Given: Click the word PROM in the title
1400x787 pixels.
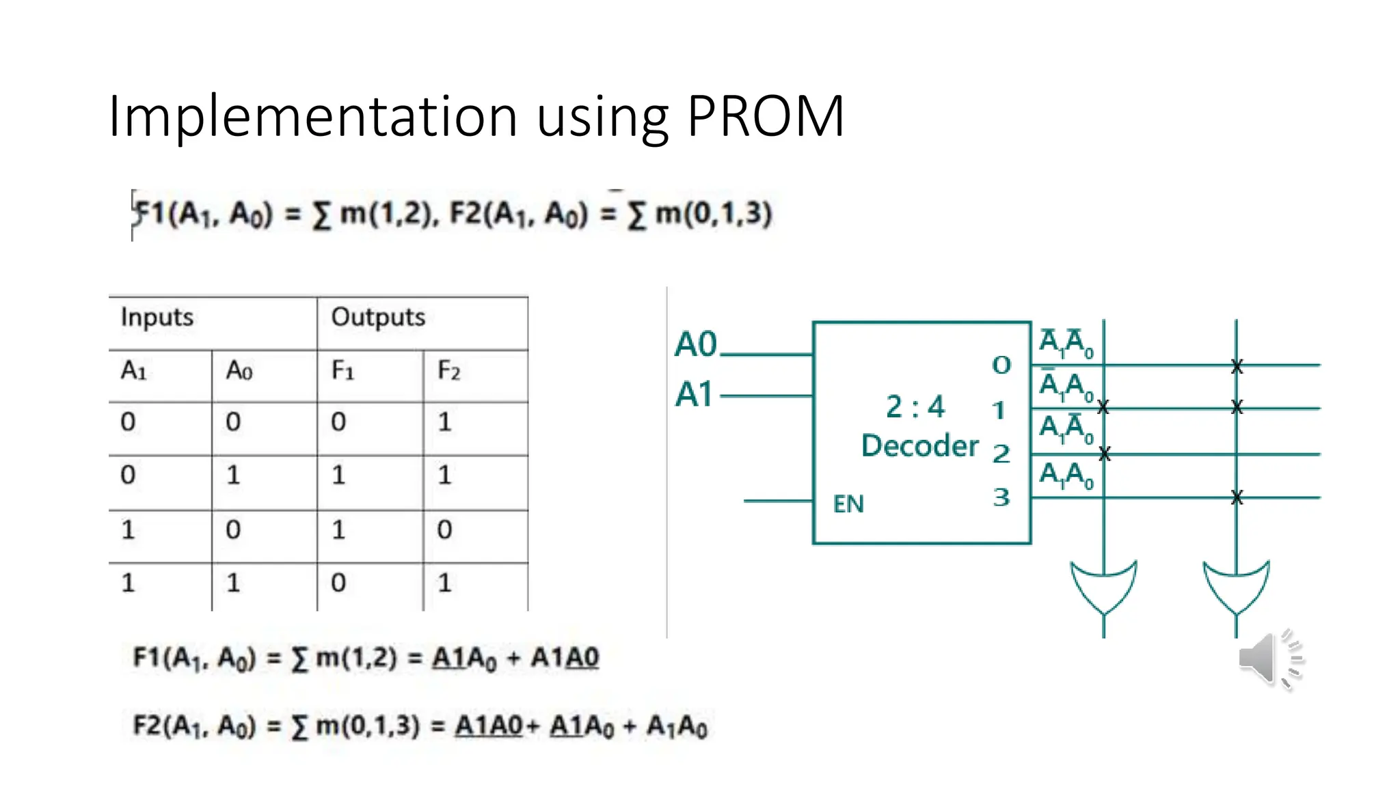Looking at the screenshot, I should coord(766,116).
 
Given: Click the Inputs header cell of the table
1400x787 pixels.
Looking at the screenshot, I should coord(157,318).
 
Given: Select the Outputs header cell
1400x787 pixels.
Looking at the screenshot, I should coord(378,318).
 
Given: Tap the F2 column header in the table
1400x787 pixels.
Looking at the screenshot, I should coord(448,371).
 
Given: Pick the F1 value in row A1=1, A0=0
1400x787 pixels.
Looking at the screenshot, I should coord(338,530).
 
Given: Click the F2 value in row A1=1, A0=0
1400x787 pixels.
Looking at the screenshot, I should coord(444,530).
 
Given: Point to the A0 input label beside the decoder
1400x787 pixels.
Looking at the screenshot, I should coord(695,344).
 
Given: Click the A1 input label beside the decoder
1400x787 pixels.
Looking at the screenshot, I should coord(694,395).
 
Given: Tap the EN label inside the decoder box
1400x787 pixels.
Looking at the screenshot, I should coord(848,504).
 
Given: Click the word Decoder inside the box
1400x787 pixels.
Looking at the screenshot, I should coord(919,446).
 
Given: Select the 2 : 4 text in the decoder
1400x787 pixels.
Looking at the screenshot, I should coord(915,407).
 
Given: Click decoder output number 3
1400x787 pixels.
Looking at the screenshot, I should coord(1001,497).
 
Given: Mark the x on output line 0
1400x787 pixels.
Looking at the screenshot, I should coord(1237,367).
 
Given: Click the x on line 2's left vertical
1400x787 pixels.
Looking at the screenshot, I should coord(1105,454).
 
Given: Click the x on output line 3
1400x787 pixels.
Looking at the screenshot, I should coord(1237,498).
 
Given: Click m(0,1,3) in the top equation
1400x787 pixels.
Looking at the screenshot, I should coord(714,214).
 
